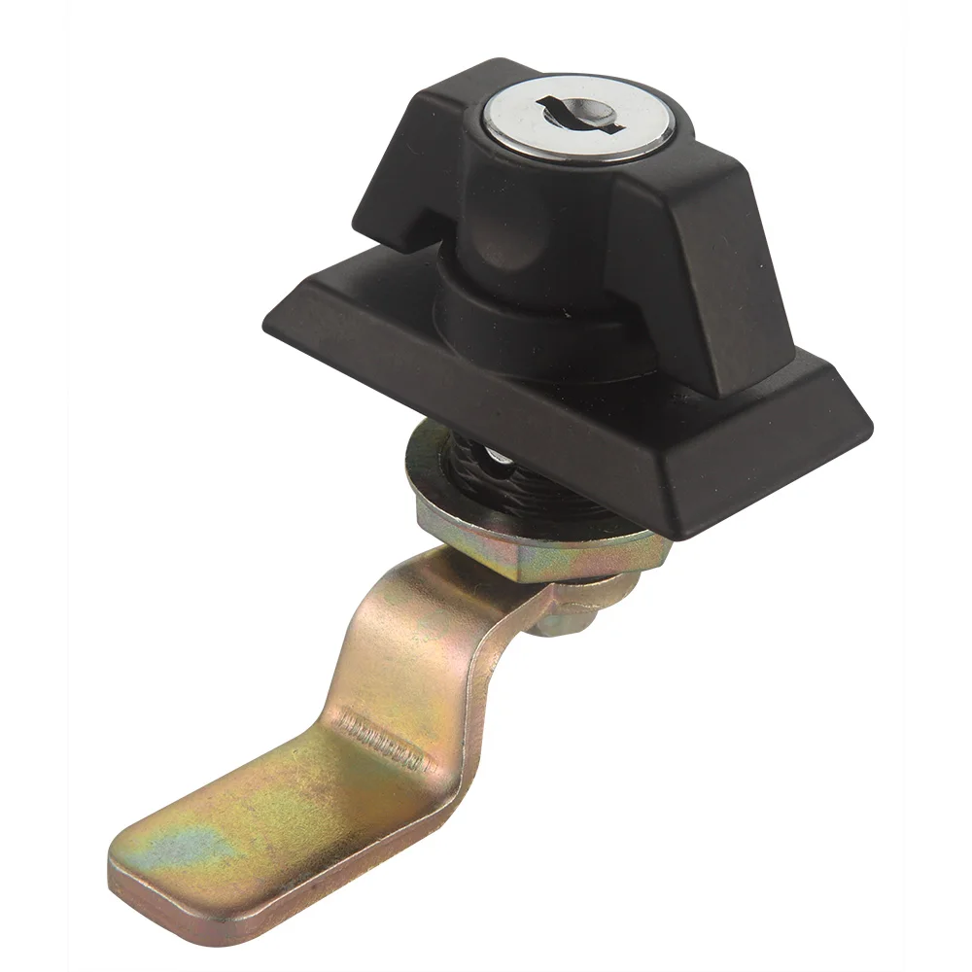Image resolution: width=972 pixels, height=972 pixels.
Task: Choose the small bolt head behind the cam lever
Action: [564, 612]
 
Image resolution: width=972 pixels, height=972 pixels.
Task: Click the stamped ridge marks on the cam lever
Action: [384, 735]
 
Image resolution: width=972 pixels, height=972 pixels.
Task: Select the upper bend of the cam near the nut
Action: [457, 583]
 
